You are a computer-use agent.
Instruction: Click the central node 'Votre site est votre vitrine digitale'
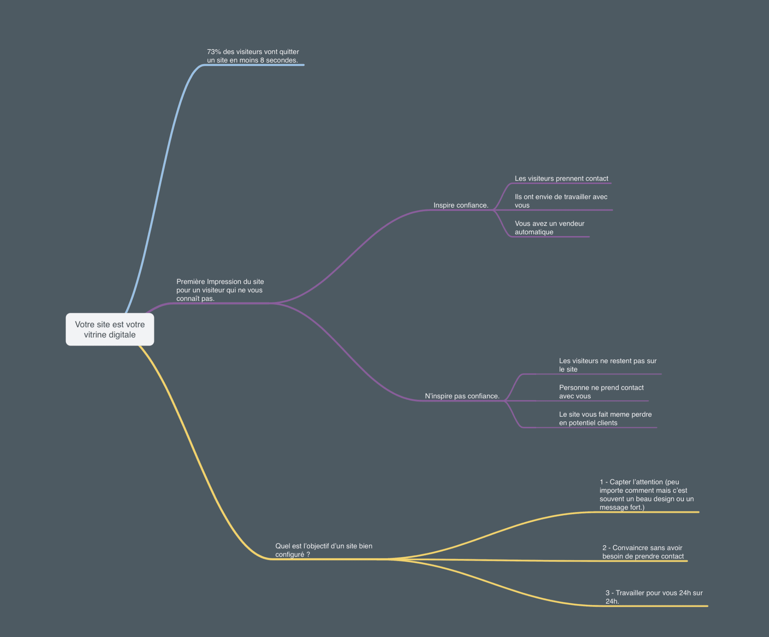coord(110,329)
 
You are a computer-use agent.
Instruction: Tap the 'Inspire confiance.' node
coord(461,205)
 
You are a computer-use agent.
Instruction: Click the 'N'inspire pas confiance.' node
coord(462,396)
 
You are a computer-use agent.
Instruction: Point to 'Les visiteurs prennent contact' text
coord(561,179)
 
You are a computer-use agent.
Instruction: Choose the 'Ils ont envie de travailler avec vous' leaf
coord(561,201)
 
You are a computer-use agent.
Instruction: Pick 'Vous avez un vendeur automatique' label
coord(549,228)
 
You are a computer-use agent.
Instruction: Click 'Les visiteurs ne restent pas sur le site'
coord(607,365)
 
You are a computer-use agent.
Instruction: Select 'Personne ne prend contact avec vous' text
coord(601,392)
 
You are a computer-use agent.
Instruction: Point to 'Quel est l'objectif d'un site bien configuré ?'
coord(324,550)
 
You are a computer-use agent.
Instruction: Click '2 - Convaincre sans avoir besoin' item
coord(643,552)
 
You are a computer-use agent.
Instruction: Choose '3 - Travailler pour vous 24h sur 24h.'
coord(654,597)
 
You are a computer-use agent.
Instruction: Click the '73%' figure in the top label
coord(214,52)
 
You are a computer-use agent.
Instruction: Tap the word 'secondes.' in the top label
coord(282,60)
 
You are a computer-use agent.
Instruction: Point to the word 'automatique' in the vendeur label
coord(534,232)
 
